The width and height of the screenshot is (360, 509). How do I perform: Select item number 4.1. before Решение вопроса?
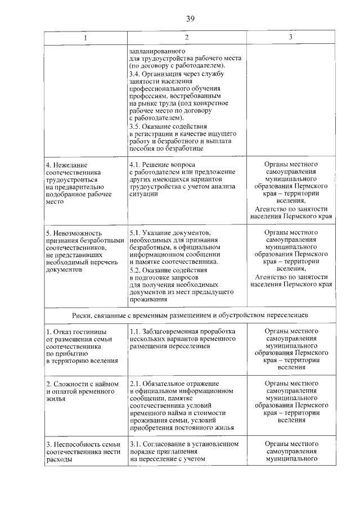[x=136, y=164]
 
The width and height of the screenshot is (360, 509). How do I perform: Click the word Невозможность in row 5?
[x=76, y=233]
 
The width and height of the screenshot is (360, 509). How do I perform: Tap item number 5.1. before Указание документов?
[x=136, y=233]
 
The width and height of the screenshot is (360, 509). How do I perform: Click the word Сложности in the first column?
[x=71, y=384]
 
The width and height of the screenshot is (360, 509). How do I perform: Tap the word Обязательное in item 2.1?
[x=166, y=384]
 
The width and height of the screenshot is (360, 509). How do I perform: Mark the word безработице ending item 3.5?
[x=183, y=149]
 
